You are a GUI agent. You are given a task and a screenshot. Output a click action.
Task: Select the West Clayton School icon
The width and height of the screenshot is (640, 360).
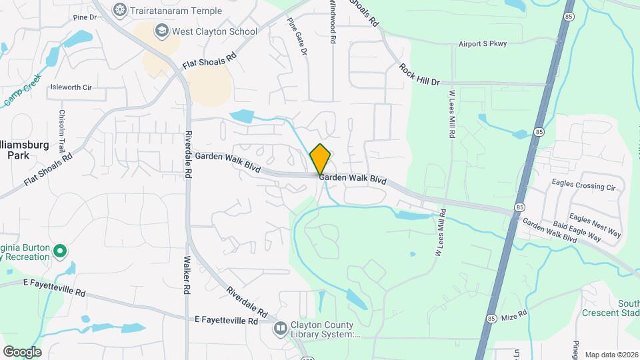pyautogui.click(x=161, y=31)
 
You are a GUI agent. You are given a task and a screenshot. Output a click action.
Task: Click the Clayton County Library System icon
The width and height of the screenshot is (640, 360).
pyautogui.click(x=281, y=327)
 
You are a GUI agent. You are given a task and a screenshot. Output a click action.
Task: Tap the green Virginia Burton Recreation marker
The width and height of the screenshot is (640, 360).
pyautogui.click(x=59, y=251)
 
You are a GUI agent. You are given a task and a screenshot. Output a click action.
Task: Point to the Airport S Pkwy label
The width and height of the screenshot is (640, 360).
pyautogui.click(x=483, y=44)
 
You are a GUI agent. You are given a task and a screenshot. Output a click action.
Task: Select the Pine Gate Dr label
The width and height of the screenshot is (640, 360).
pyautogui.click(x=297, y=36)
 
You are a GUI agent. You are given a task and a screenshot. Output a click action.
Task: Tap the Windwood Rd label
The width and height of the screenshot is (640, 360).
pyautogui.click(x=332, y=21)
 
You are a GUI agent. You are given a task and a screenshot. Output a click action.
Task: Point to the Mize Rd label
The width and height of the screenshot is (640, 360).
pyautogui.click(x=514, y=313)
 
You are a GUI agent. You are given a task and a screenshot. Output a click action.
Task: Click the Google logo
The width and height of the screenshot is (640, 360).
pyautogui.click(x=22, y=351)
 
